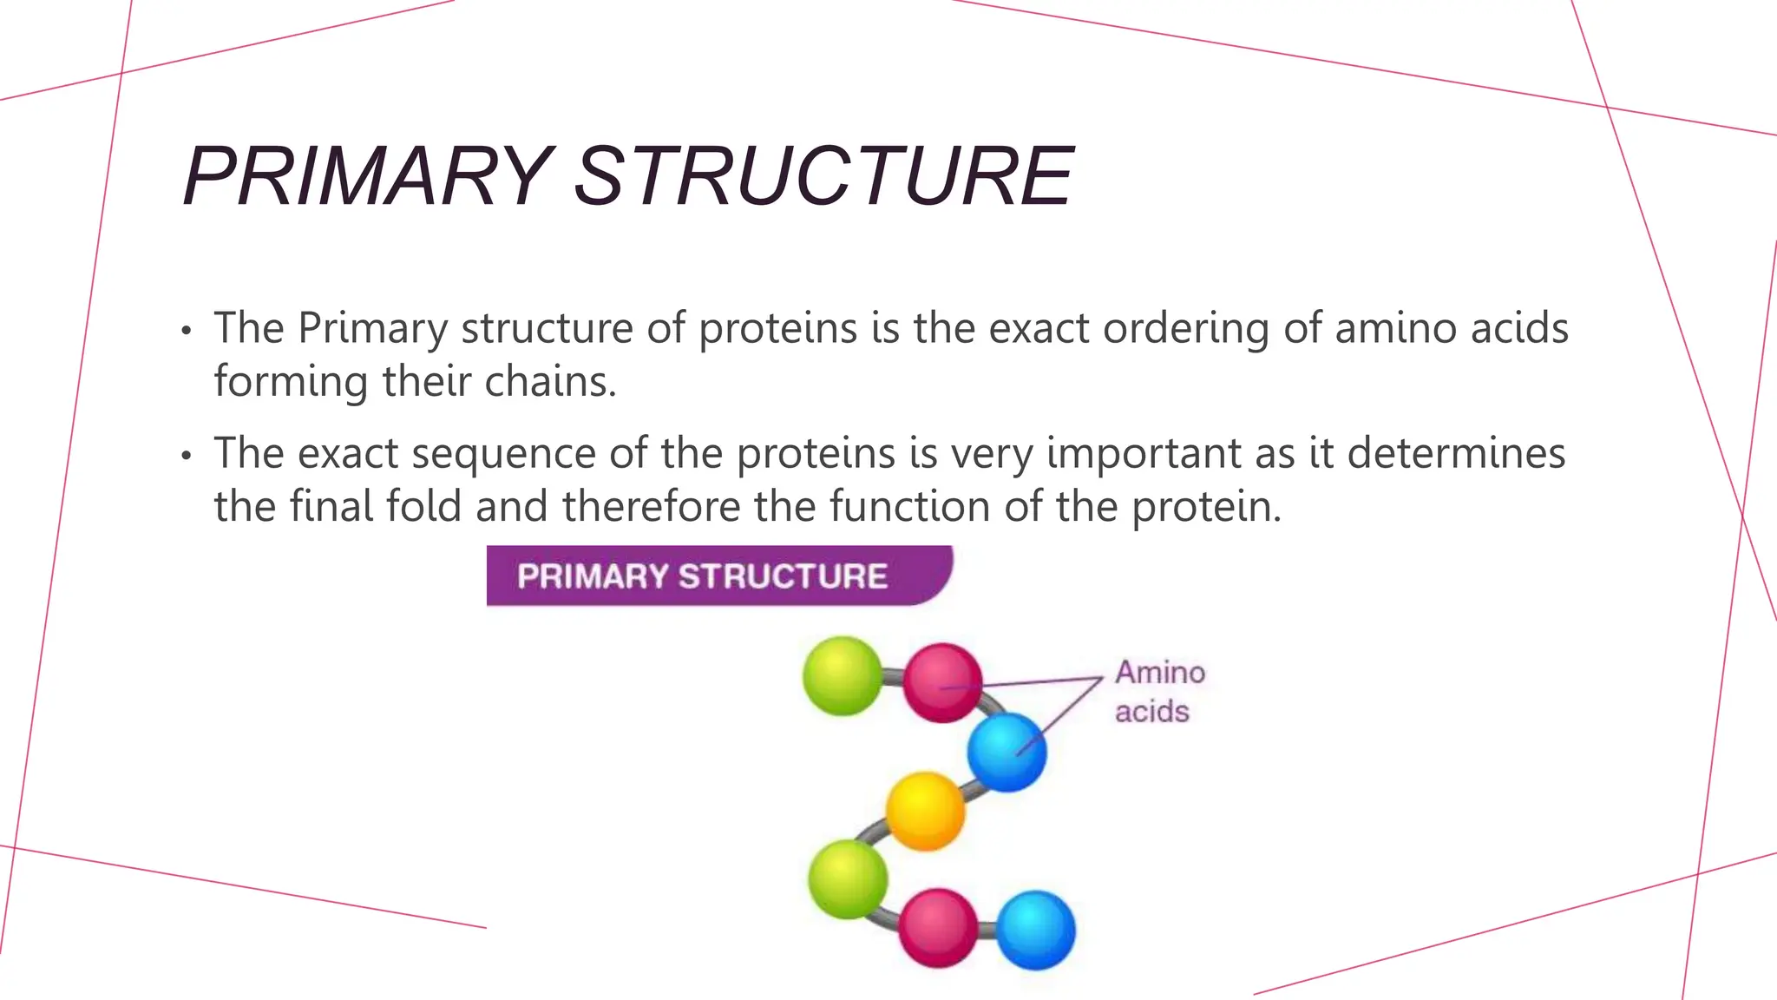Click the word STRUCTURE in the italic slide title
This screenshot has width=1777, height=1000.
[x=824, y=176]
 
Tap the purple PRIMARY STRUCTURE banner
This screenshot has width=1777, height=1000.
[x=718, y=576]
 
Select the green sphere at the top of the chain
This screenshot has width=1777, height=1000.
[x=842, y=676]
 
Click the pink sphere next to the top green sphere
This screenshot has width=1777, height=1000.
[x=942, y=682]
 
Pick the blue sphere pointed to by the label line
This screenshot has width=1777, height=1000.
[x=1007, y=752]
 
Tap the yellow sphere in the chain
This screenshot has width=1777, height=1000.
[x=925, y=811]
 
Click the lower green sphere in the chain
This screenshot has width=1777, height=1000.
[x=848, y=878]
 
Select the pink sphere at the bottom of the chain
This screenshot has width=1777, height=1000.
[x=938, y=928]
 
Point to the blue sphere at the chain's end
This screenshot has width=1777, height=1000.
[x=1035, y=930]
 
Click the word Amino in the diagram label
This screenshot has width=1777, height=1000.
[x=1160, y=673]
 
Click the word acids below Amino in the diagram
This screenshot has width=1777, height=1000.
[x=1151, y=712]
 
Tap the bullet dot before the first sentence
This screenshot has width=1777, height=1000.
[x=186, y=332]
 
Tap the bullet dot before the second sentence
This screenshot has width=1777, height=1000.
[x=186, y=457]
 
